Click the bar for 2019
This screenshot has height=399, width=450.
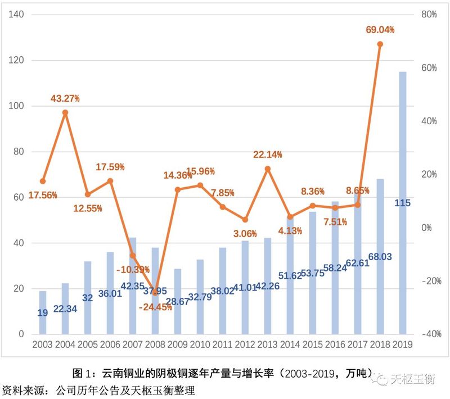(x=402, y=202)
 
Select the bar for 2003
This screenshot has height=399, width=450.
(x=43, y=312)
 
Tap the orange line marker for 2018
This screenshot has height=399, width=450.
(x=380, y=44)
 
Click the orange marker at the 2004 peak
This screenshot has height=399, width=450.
(x=65, y=112)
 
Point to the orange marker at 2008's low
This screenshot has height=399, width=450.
(x=155, y=292)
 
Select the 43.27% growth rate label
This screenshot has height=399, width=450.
(x=65, y=99)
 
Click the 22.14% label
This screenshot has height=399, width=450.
(x=268, y=155)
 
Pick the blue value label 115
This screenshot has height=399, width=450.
(x=402, y=203)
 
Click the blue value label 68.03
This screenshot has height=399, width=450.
(x=380, y=256)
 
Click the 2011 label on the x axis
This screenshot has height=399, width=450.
(x=223, y=344)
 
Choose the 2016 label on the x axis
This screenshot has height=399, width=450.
(x=335, y=344)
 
